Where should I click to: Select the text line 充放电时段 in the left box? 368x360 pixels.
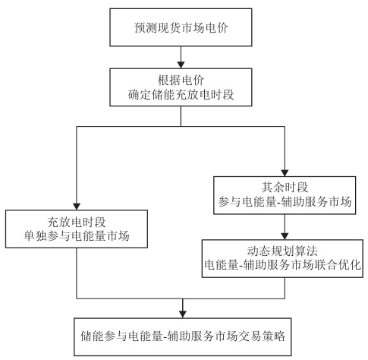[x=78, y=224]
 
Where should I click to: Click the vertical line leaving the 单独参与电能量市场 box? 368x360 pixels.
[x=78, y=273]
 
